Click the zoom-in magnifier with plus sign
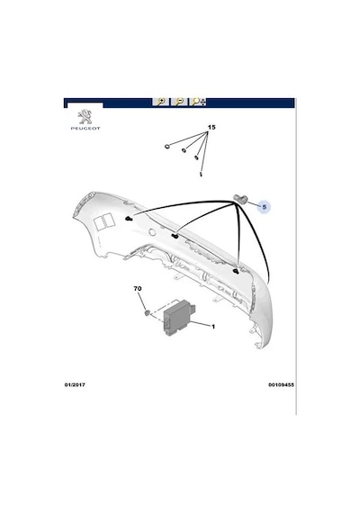(161, 102)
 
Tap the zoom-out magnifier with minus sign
(179, 102)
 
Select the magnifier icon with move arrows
(199, 102)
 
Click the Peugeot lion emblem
(85, 117)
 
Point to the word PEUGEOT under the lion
(85, 128)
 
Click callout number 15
(211, 127)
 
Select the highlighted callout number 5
(264, 207)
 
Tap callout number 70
(138, 289)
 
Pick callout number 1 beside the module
(213, 327)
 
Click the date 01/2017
(75, 385)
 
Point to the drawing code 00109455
(281, 385)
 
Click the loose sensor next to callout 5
(241, 199)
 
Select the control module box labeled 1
(179, 318)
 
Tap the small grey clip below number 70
(148, 313)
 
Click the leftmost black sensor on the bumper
(130, 219)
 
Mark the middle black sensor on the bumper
(175, 236)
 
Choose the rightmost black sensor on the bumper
(236, 271)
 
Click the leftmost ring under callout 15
(167, 146)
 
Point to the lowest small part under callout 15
(201, 174)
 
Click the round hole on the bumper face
(151, 232)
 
